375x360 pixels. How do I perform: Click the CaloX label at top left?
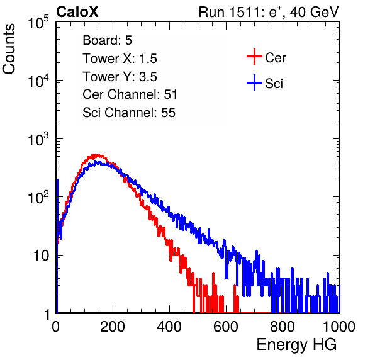click(x=77, y=12)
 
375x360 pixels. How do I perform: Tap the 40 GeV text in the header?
click(x=314, y=12)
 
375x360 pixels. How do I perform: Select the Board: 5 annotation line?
click(x=107, y=40)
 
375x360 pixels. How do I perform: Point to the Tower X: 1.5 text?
click(x=120, y=59)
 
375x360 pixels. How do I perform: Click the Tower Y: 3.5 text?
click(x=120, y=77)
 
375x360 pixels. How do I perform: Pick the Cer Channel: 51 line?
click(x=130, y=94)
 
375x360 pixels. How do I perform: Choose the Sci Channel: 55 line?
click(x=129, y=113)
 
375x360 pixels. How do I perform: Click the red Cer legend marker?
click(x=254, y=57)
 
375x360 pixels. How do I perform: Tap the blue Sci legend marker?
click(x=254, y=82)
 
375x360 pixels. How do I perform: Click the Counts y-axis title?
click(x=9, y=49)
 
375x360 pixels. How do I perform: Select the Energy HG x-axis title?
click(x=296, y=345)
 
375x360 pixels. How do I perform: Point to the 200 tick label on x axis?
click(x=113, y=327)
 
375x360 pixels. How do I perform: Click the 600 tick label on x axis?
click(x=226, y=327)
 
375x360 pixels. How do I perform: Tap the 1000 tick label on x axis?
click(x=339, y=327)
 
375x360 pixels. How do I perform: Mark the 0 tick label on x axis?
click(x=56, y=327)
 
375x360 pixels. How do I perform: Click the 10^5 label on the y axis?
click(x=38, y=22)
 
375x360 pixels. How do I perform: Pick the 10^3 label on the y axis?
click(x=38, y=139)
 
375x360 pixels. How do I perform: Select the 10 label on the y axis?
click(x=41, y=256)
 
